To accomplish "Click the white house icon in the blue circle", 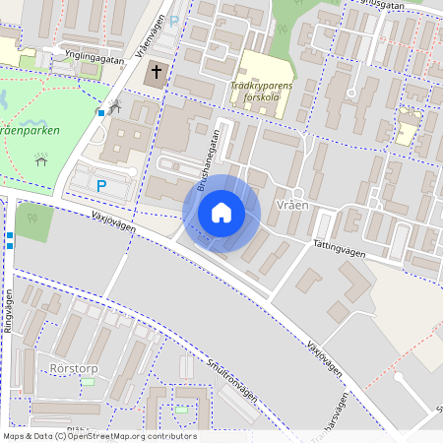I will pos(221,213).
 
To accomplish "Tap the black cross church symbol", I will pos(157,75).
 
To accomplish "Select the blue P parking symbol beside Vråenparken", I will pos(100,184).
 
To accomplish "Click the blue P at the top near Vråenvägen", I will pos(175,20).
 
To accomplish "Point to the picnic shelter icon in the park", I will pos(41,159).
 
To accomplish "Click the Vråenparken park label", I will pos(30,130).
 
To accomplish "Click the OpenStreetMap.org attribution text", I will pos(128,436).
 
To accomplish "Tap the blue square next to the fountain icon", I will pos(100,113).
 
